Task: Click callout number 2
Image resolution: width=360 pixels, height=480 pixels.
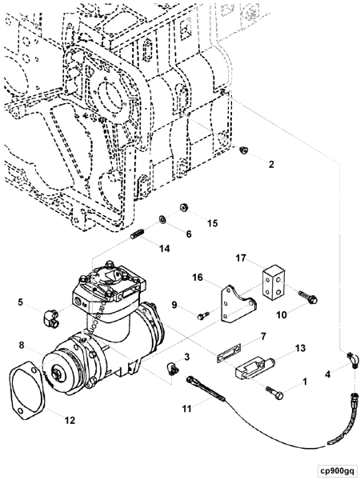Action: coord(270,165)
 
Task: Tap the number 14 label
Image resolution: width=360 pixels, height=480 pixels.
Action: coord(164,249)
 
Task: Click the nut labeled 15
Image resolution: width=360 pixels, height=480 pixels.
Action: coord(183,207)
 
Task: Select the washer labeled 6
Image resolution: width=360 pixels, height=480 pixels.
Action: coord(162,218)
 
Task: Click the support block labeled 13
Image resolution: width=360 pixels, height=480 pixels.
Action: coord(252,368)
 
